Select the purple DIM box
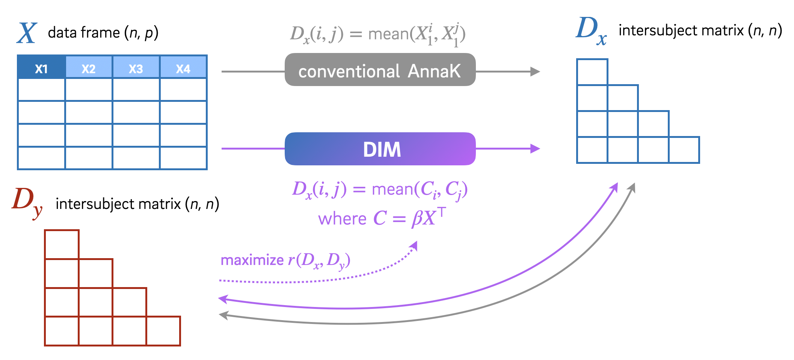pos(380,149)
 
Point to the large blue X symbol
pos(27,33)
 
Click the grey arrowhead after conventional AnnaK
pos(535,71)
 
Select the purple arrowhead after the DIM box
pos(535,149)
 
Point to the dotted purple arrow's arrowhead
pos(414,246)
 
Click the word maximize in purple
pos(252,260)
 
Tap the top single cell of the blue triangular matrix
pos(592,72)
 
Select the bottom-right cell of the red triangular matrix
pos(163,331)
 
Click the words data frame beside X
pos(84,33)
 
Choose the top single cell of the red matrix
pos(62,244)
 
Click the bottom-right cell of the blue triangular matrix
pos(684,150)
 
